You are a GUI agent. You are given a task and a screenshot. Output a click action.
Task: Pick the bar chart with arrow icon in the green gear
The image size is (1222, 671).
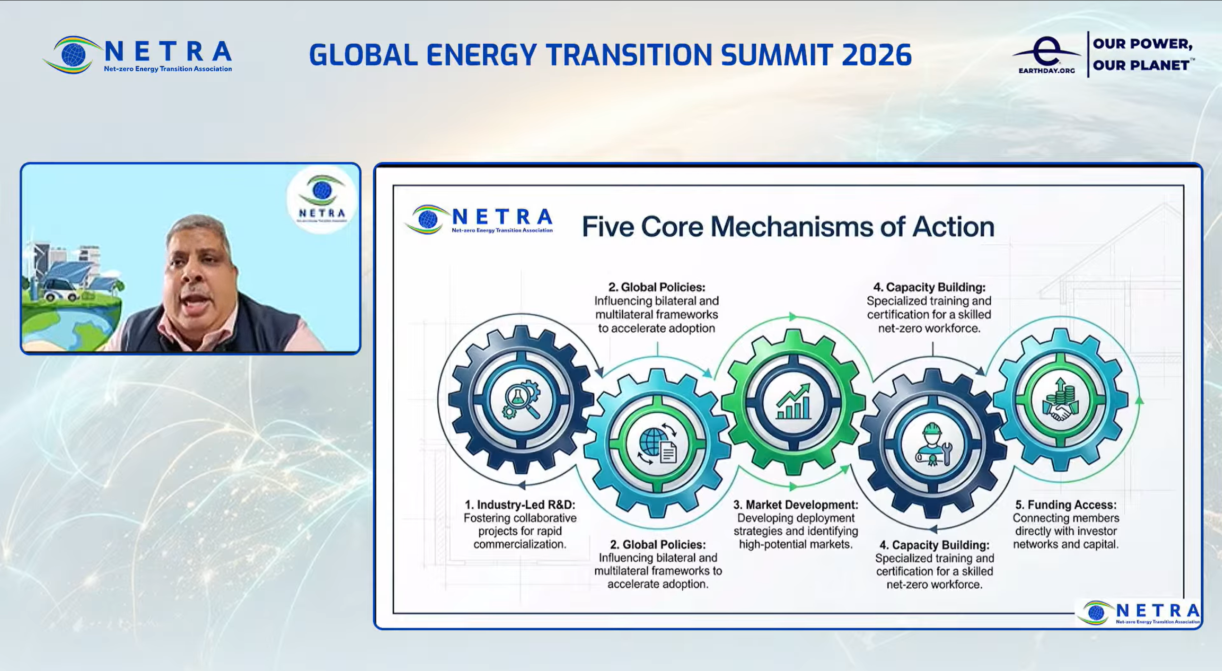click(793, 402)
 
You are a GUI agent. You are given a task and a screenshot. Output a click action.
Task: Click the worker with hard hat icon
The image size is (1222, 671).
click(933, 445)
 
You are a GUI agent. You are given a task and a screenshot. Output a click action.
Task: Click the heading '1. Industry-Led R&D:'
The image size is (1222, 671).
click(520, 505)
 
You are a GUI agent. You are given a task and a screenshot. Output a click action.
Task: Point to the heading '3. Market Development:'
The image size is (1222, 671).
click(796, 505)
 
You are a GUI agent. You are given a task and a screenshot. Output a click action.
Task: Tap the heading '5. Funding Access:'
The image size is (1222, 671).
click(1066, 505)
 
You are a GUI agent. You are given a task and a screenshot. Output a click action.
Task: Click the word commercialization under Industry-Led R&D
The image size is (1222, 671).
click(520, 544)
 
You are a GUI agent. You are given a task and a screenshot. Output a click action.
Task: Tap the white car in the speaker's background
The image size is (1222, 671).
click(62, 290)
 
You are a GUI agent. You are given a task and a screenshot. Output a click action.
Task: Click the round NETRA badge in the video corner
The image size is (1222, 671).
click(322, 200)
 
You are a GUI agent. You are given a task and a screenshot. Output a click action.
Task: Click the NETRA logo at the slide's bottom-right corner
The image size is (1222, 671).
click(1138, 612)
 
